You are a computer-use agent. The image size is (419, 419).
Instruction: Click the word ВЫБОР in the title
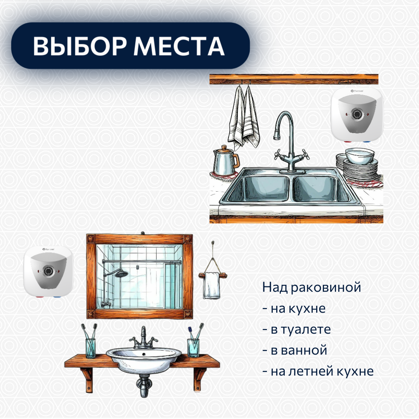79,47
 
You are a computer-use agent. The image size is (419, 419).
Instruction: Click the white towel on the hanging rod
212,285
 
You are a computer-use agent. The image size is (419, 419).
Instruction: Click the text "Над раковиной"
312,287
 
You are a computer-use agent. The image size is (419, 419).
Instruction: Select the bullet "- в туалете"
296,329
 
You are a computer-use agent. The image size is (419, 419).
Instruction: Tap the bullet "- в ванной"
294,350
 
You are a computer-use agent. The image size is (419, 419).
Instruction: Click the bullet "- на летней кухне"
318,371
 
